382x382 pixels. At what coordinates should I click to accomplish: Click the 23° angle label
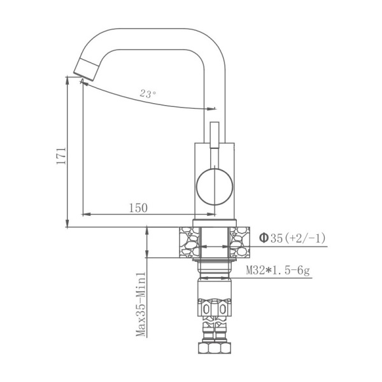(148, 94)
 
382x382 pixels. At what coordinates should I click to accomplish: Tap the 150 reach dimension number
(138, 208)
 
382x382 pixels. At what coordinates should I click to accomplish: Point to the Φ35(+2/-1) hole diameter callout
(292, 238)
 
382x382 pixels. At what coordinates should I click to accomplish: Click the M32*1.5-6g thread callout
(278, 271)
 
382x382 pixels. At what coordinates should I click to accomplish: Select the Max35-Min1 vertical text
(141, 305)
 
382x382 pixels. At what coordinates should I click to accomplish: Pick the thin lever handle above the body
(213, 136)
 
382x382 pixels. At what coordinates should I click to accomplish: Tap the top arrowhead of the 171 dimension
(67, 79)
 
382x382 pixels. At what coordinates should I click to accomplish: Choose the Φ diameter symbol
(263, 238)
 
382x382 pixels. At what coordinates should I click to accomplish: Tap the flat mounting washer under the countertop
(214, 260)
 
